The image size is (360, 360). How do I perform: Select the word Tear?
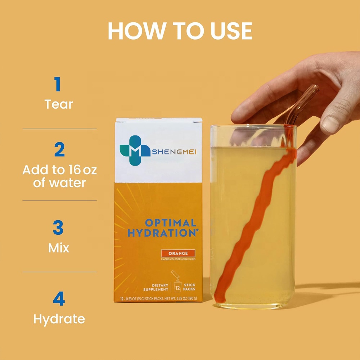[59, 104]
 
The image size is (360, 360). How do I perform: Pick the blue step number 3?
[58, 228]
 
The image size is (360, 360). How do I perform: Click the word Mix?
[59, 248]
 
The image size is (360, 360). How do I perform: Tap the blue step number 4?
[59, 299]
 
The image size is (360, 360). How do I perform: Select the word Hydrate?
[59, 319]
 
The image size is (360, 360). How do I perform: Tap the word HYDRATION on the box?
[162, 233]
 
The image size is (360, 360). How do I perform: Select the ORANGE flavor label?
[178, 253]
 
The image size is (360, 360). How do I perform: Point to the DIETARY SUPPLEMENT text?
[156, 287]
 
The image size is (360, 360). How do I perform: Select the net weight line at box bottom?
[158, 299]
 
